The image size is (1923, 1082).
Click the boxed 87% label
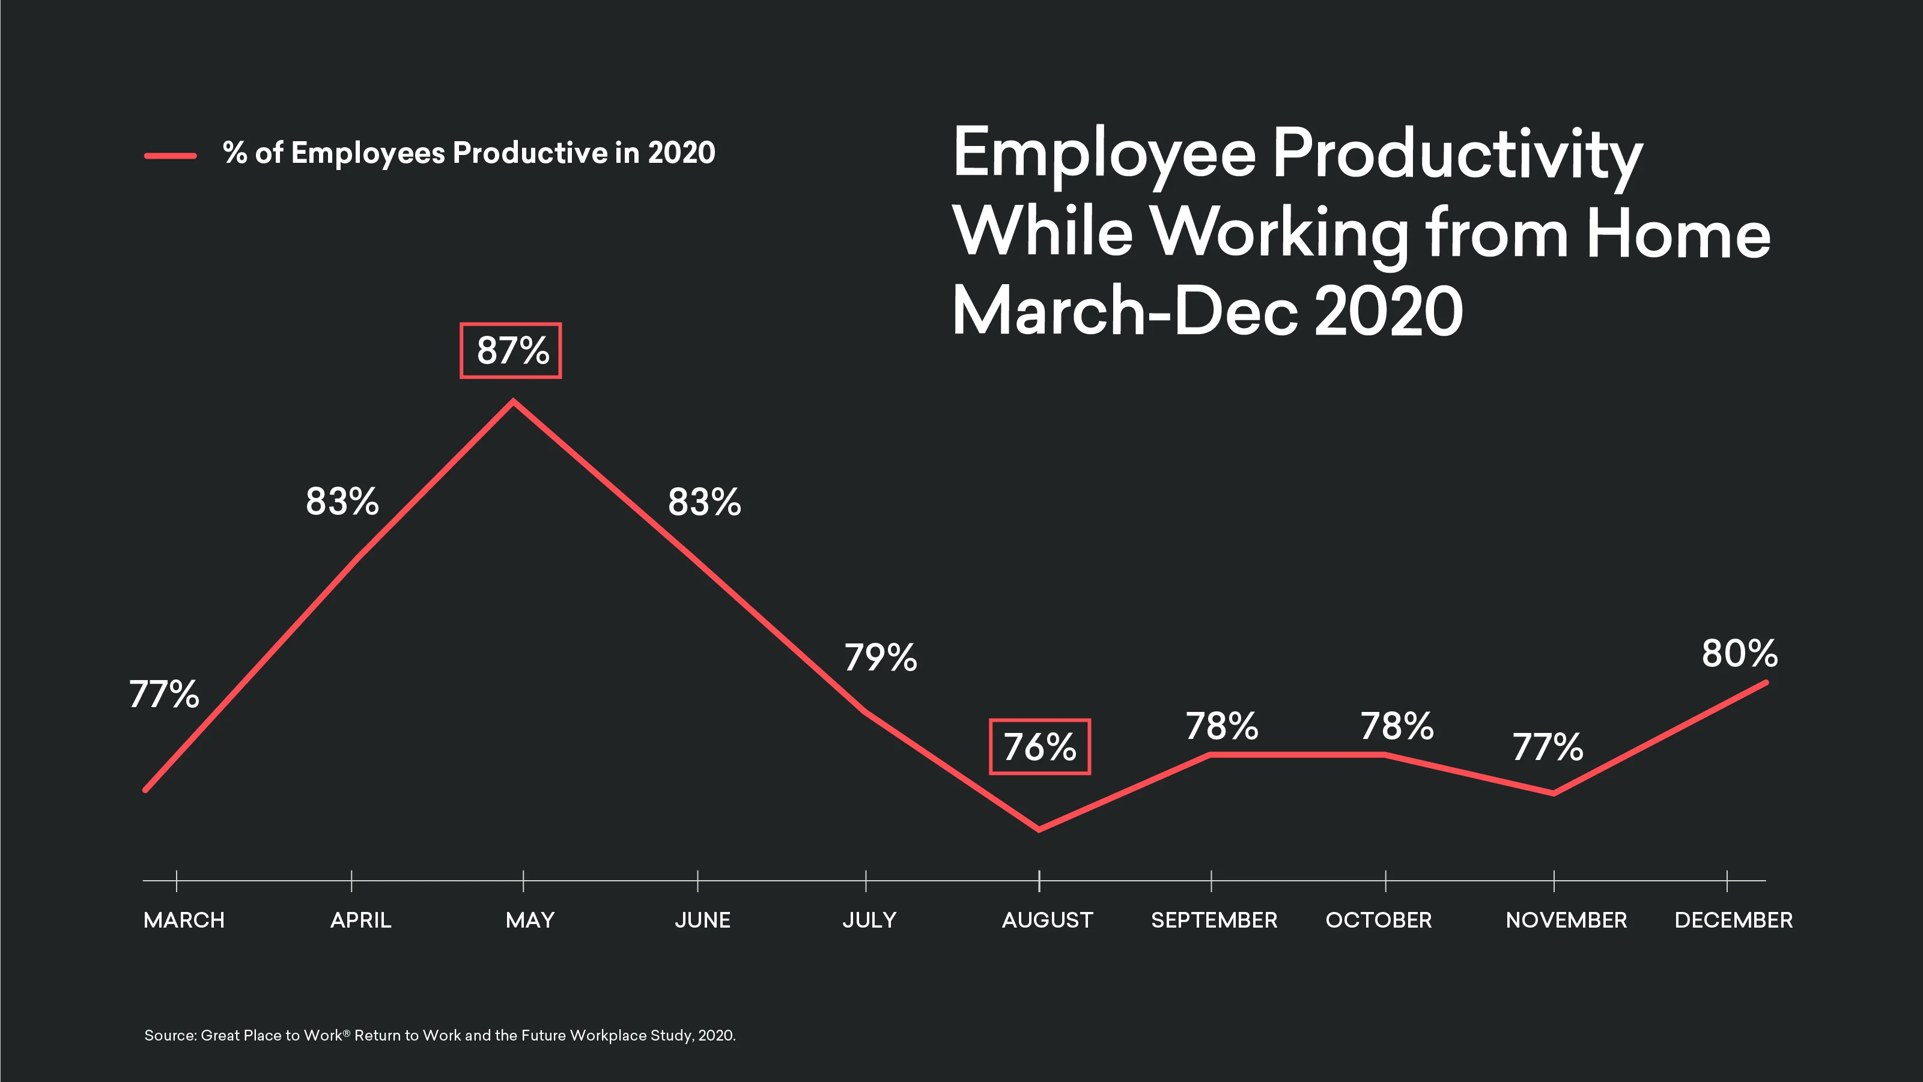511,350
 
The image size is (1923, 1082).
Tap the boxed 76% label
1039,747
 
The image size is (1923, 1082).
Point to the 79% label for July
880,658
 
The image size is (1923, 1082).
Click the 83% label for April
342,501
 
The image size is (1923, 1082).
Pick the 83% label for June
704,502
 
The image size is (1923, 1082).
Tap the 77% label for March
164,694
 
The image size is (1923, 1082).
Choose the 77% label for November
1548,747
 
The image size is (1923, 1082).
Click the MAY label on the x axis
530,920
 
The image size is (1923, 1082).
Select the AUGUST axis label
1047,920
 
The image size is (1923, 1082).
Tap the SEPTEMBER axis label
1214,920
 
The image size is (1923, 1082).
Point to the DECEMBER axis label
1733,920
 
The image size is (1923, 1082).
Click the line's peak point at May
514,403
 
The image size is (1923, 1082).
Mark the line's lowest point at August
1039,829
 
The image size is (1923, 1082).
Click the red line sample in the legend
170,156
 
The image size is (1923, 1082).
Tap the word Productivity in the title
1457,154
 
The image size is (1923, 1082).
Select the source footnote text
440,1035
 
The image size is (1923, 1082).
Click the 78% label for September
1222,726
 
